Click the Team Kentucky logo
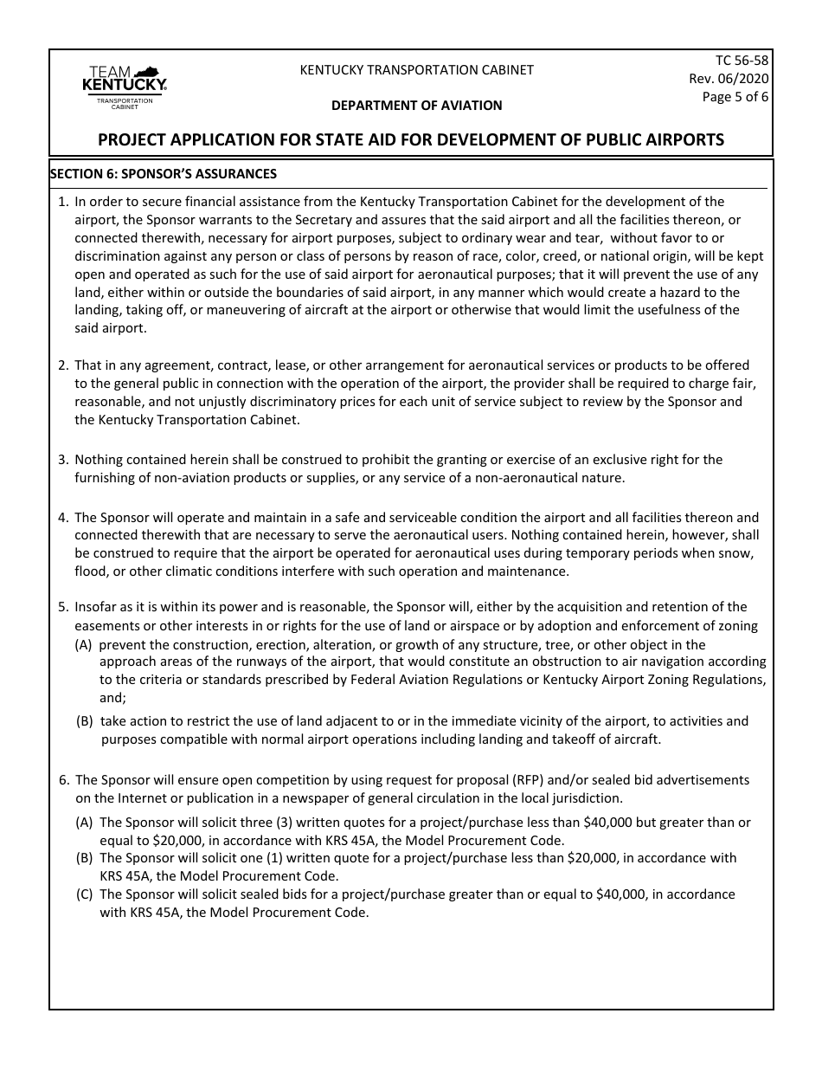click(124, 87)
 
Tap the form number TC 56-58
click(742, 61)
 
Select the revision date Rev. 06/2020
click(729, 79)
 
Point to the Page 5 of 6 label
click(735, 97)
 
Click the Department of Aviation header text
click(416, 106)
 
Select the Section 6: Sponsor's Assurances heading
click(164, 173)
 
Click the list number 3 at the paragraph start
click(63, 460)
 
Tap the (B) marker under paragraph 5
click(85, 721)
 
